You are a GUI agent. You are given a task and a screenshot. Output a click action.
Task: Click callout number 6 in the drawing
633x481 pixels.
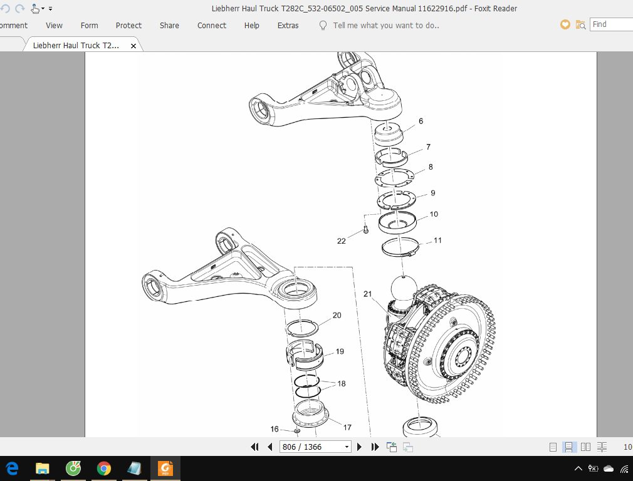point(421,121)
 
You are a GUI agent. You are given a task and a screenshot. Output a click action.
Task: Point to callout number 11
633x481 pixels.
point(437,240)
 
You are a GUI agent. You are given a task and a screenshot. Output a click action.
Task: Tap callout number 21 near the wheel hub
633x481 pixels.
point(367,294)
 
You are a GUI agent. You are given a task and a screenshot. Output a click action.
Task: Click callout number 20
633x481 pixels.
point(337,315)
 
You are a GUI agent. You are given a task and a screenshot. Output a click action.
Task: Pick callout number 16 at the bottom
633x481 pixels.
point(275,429)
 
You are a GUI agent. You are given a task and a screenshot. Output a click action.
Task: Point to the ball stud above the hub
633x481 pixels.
point(404,289)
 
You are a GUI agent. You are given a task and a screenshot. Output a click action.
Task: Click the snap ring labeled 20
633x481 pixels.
point(302,328)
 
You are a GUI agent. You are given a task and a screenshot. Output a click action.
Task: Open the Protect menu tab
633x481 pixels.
point(128,25)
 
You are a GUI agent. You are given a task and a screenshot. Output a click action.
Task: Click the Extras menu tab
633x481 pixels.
point(288,25)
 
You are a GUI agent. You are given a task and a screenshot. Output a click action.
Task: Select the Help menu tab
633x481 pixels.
point(251,25)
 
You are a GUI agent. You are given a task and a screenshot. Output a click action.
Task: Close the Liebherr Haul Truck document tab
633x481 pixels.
point(133,46)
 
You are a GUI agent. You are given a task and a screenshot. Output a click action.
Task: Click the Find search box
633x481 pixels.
point(611,24)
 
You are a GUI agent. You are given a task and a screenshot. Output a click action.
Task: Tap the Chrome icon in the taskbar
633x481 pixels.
point(104,468)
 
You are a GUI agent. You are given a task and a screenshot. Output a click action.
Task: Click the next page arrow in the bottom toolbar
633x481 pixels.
point(360,447)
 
